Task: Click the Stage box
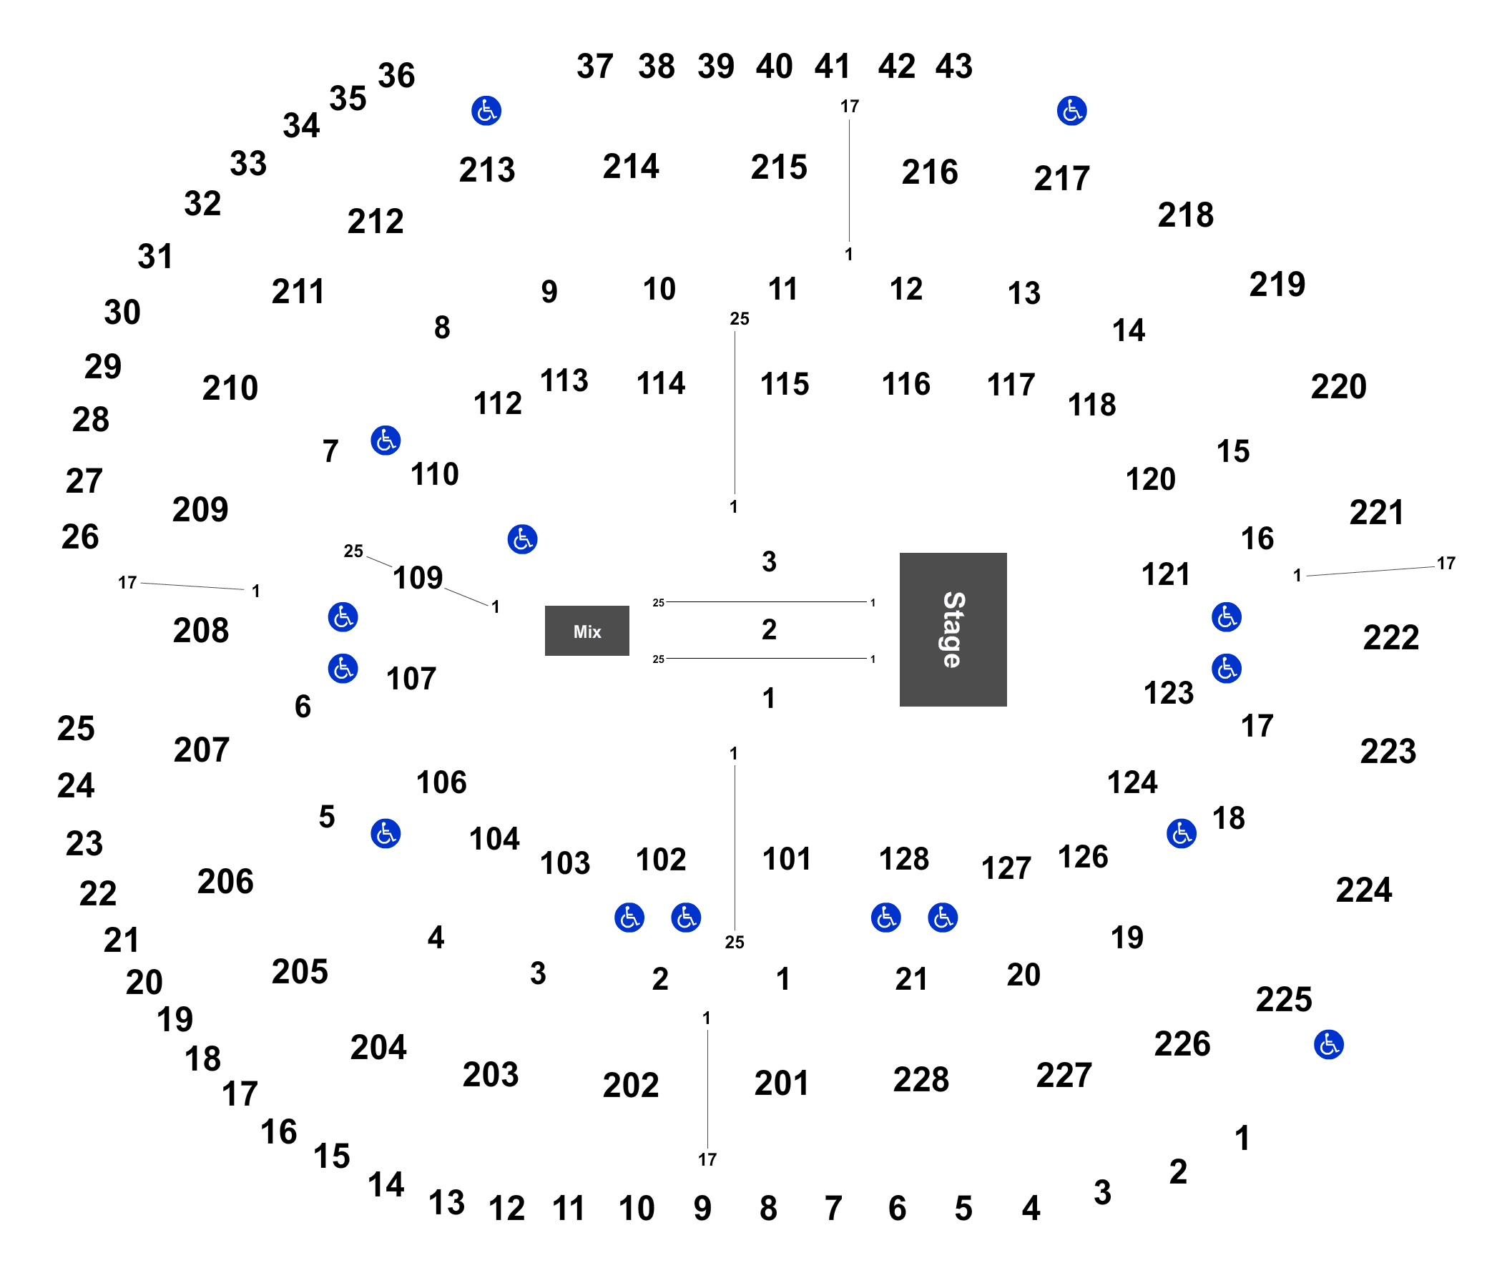pyautogui.click(x=952, y=629)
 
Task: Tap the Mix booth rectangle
pyautogui.click(x=586, y=630)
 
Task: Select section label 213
pyautogui.click(x=486, y=169)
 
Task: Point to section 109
pyautogui.click(x=418, y=577)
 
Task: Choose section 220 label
pyautogui.click(x=1338, y=386)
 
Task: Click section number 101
pyautogui.click(x=786, y=858)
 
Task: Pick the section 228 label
pyautogui.click(x=921, y=1079)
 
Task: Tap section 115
pyautogui.click(x=785, y=383)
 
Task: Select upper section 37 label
pyautogui.click(x=595, y=66)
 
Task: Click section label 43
pyautogui.click(x=953, y=66)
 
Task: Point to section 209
pyautogui.click(x=200, y=508)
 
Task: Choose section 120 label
pyautogui.click(x=1151, y=478)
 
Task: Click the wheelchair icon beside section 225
pyautogui.click(x=1328, y=1044)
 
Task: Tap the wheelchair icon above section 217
pyautogui.click(x=1071, y=110)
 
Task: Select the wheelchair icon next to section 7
pyautogui.click(x=386, y=440)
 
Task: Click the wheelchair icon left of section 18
pyautogui.click(x=1181, y=833)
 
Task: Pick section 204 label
pyautogui.click(x=378, y=1046)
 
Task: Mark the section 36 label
pyautogui.click(x=396, y=75)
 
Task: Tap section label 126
pyautogui.click(x=1083, y=856)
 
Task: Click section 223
pyautogui.click(x=1388, y=750)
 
